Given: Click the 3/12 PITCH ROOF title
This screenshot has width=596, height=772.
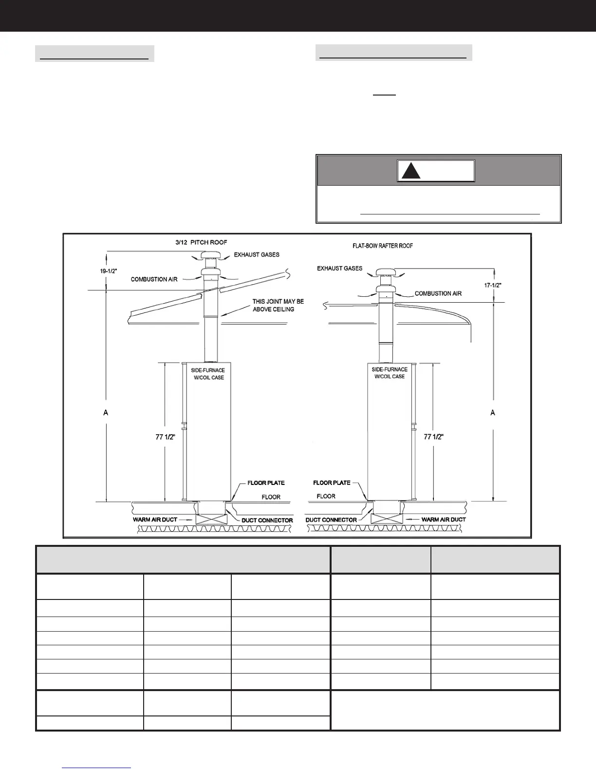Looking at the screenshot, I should point(201,242).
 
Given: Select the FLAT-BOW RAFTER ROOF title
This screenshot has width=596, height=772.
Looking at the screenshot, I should point(382,246).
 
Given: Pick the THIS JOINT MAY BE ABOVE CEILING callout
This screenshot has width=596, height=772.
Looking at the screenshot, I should point(278,306).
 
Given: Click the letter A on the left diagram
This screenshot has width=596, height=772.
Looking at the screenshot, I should point(106,413).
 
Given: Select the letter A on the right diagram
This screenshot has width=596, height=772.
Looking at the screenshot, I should point(493,413).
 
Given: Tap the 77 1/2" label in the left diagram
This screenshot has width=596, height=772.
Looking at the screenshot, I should point(165,437).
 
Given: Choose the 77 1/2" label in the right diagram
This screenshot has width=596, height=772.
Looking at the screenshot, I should point(433,437).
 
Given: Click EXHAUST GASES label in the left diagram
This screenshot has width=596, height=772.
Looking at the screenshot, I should point(257,255).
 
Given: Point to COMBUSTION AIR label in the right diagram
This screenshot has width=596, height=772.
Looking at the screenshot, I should point(438,293).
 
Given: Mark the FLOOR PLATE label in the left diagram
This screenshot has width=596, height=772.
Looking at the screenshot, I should point(266,483).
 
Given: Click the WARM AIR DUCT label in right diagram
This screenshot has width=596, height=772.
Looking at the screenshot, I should point(443,520).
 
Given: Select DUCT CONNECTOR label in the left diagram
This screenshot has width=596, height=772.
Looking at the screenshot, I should point(267,521).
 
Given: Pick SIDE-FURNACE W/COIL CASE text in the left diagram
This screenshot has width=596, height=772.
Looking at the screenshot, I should point(208,374).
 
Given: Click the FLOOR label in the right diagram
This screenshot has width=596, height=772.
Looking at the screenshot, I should point(326,496).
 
